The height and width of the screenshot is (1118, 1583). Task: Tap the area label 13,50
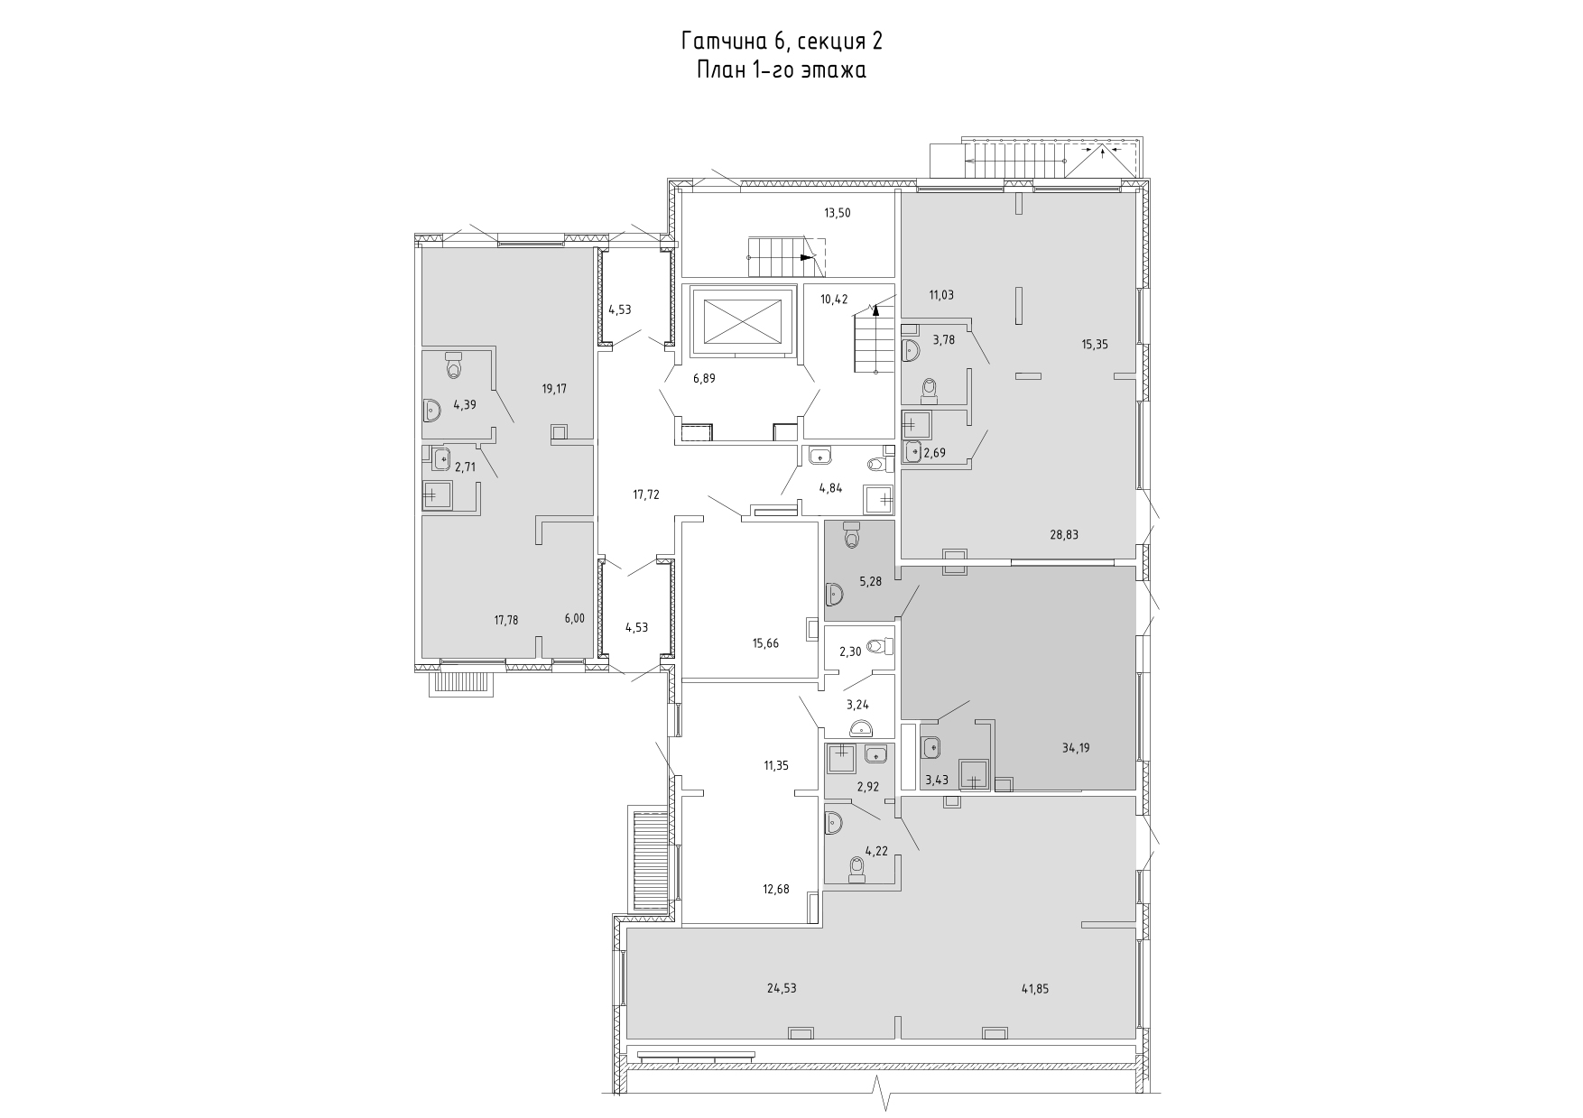[837, 214]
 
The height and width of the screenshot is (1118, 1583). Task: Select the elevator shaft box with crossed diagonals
[742, 320]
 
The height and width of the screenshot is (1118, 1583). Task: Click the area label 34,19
[1076, 748]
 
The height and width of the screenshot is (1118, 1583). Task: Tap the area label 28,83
[1064, 534]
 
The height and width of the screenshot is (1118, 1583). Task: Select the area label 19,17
[554, 389]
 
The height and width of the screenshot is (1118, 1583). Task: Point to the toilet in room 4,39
[454, 365]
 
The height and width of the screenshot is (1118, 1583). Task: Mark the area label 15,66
[765, 643]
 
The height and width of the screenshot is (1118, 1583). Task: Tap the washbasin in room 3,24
[861, 729]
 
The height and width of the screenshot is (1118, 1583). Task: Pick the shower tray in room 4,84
[879, 499]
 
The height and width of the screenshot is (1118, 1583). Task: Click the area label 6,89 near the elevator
[704, 379]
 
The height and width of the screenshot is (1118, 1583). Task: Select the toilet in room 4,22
[856, 868]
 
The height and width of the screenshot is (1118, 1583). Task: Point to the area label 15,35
[1096, 344]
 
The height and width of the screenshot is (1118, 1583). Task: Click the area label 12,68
[776, 890]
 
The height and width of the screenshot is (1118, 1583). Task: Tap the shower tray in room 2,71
[438, 495]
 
